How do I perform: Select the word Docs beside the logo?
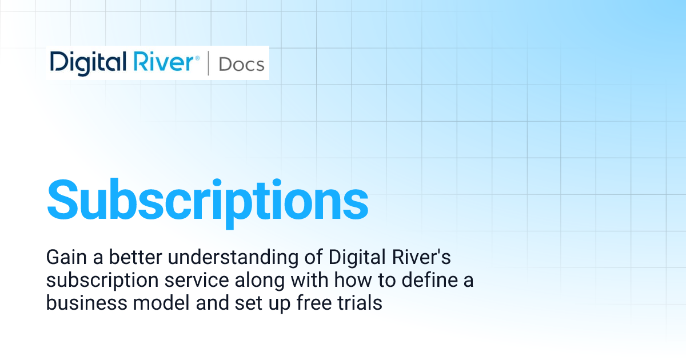point(241,64)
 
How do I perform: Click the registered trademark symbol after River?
point(198,57)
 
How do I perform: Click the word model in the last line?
point(149,303)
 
